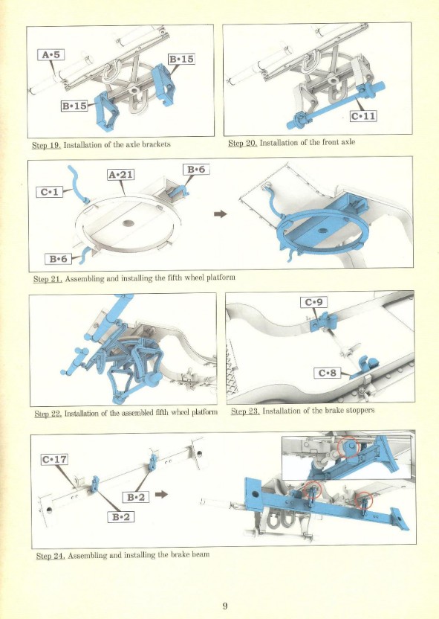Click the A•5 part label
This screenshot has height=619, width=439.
click(51, 54)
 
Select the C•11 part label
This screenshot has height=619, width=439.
click(363, 116)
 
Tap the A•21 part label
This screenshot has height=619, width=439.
click(120, 175)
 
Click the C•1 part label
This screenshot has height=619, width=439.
click(49, 192)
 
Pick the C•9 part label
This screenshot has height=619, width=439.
click(313, 302)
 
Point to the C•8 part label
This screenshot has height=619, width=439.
click(327, 373)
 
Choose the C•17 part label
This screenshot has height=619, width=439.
click(54, 460)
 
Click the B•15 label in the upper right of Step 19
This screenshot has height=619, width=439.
click(181, 60)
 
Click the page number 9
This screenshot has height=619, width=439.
click(225, 606)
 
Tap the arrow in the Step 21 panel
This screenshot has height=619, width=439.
click(221, 214)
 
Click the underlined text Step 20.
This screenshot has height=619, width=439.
click(243, 143)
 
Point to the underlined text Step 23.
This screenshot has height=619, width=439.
click(245, 411)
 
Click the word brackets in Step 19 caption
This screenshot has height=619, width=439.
click(156, 144)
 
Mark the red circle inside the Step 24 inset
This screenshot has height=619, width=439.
click(348, 447)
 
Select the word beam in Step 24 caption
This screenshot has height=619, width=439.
click(201, 555)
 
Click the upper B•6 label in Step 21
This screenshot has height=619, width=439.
click(196, 170)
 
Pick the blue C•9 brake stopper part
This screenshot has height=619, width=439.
click(324, 321)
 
